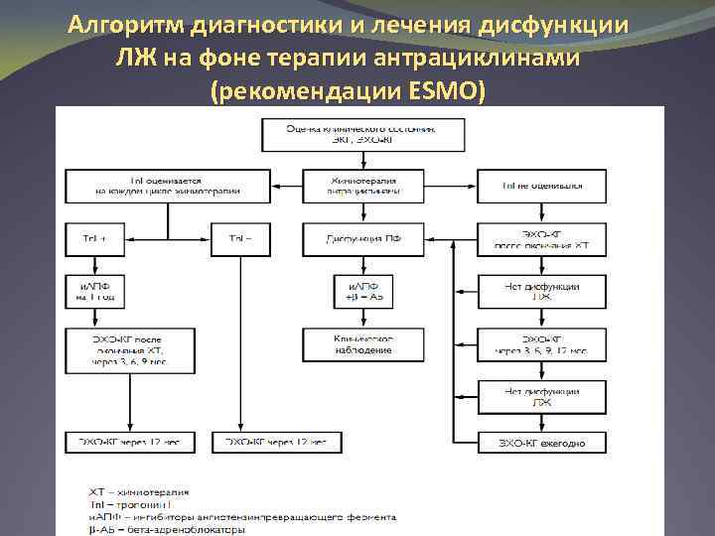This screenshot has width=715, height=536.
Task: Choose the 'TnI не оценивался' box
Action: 542,186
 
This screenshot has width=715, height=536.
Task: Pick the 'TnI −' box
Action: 240,238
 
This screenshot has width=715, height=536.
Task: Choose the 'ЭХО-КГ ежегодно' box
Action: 542,442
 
